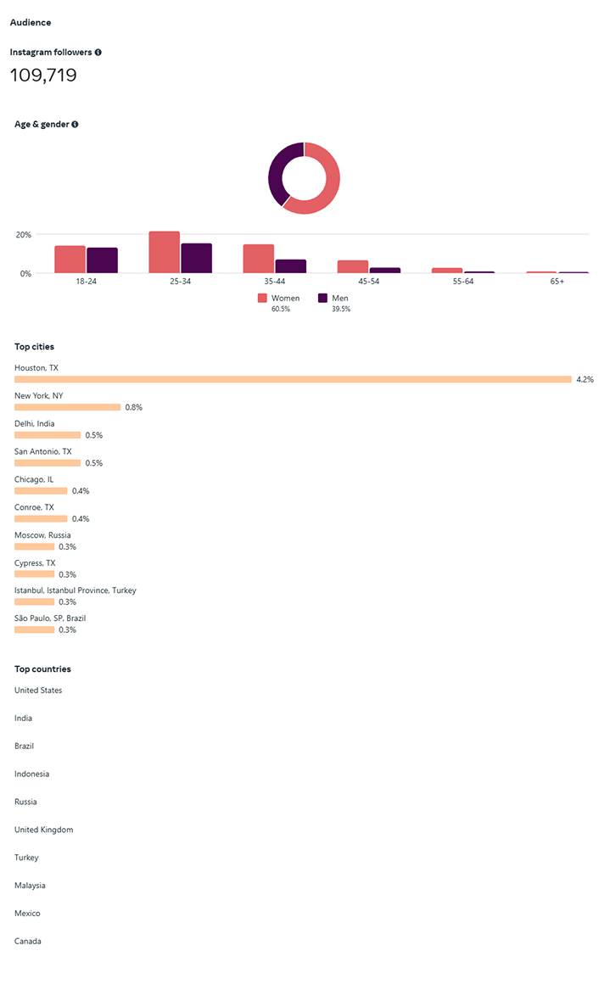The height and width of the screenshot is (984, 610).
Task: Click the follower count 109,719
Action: [x=43, y=75]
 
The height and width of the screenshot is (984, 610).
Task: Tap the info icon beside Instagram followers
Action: [x=98, y=53]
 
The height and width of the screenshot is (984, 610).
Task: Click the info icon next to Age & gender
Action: [x=75, y=125]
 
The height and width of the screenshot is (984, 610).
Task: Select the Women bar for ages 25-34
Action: [x=164, y=253]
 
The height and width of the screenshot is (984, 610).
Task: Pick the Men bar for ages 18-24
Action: [x=102, y=261]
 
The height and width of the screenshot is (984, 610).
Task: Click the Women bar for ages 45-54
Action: [x=352, y=267]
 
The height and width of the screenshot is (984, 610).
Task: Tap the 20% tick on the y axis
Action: [x=23, y=234]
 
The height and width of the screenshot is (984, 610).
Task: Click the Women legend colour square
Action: [x=262, y=299]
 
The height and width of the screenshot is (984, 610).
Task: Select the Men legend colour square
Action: [x=322, y=299]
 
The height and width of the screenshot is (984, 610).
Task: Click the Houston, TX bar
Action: [x=293, y=379]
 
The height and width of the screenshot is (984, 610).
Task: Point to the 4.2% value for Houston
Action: [x=585, y=379]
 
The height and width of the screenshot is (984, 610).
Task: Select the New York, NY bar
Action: [x=68, y=407]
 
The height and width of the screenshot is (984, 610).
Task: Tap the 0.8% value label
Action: [x=133, y=407]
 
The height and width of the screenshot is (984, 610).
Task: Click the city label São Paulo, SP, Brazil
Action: [x=50, y=618]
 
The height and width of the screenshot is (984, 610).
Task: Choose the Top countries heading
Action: [x=42, y=669]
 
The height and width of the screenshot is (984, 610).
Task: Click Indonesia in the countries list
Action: [x=31, y=774]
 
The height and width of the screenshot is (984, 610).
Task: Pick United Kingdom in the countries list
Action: [x=43, y=830]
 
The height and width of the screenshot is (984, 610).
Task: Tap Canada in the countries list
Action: [x=27, y=942]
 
